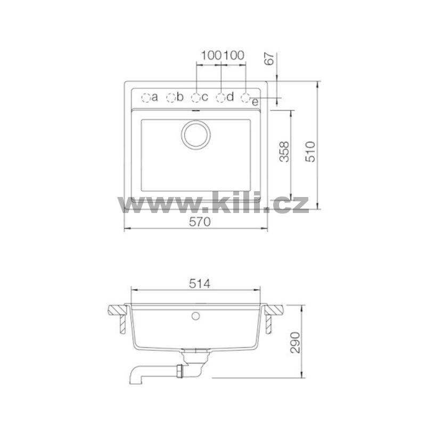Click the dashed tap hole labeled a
click(x=146, y=98)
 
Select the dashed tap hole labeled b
click(x=171, y=98)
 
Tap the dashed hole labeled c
click(x=196, y=98)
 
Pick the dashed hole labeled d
click(x=221, y=98)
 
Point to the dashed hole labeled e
click(x=245, y=98)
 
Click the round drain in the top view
click(x=195, y=135)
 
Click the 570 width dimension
click(x=200, y=222)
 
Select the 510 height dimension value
click(x=310, y=152)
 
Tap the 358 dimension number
click(x=284, y=152)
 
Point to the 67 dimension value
click(x=269, y=59)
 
